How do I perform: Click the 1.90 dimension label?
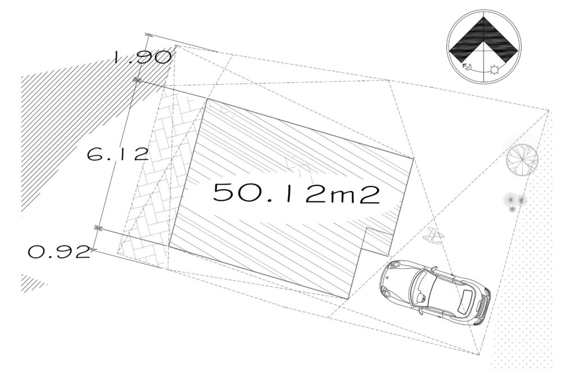click(x=141, y=57)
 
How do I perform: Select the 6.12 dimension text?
click(x=118, y=155)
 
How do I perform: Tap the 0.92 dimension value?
click(x=59, y=252)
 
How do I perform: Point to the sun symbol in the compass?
click(x=495, y=69)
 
